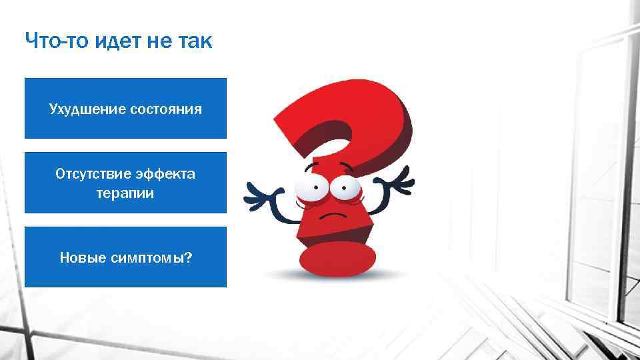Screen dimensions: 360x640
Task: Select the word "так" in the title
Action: pos(193,41)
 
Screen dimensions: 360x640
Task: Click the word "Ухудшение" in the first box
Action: pos(85,109)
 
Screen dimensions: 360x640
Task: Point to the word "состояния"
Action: pos(164,109)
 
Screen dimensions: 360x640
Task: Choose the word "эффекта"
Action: pos(166,174)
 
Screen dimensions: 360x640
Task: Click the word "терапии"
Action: pos(125,193)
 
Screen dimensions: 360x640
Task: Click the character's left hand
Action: pos(257,195)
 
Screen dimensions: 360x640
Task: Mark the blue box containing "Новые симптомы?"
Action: pos(125,257)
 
